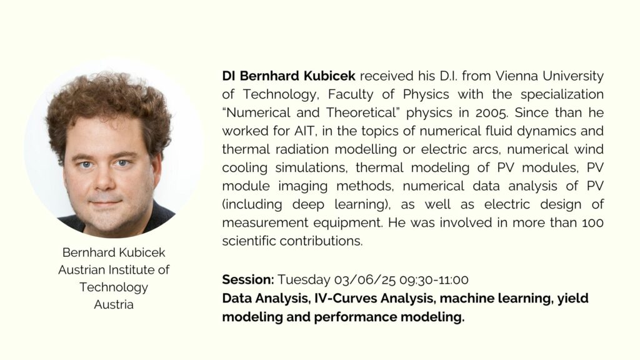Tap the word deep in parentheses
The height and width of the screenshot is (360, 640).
(307, 205)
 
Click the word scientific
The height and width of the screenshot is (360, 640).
(249, 241)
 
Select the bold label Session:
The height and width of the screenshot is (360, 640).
(248, 279)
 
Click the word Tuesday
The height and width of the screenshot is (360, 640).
(304, 280)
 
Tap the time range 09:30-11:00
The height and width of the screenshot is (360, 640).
(434, 280)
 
